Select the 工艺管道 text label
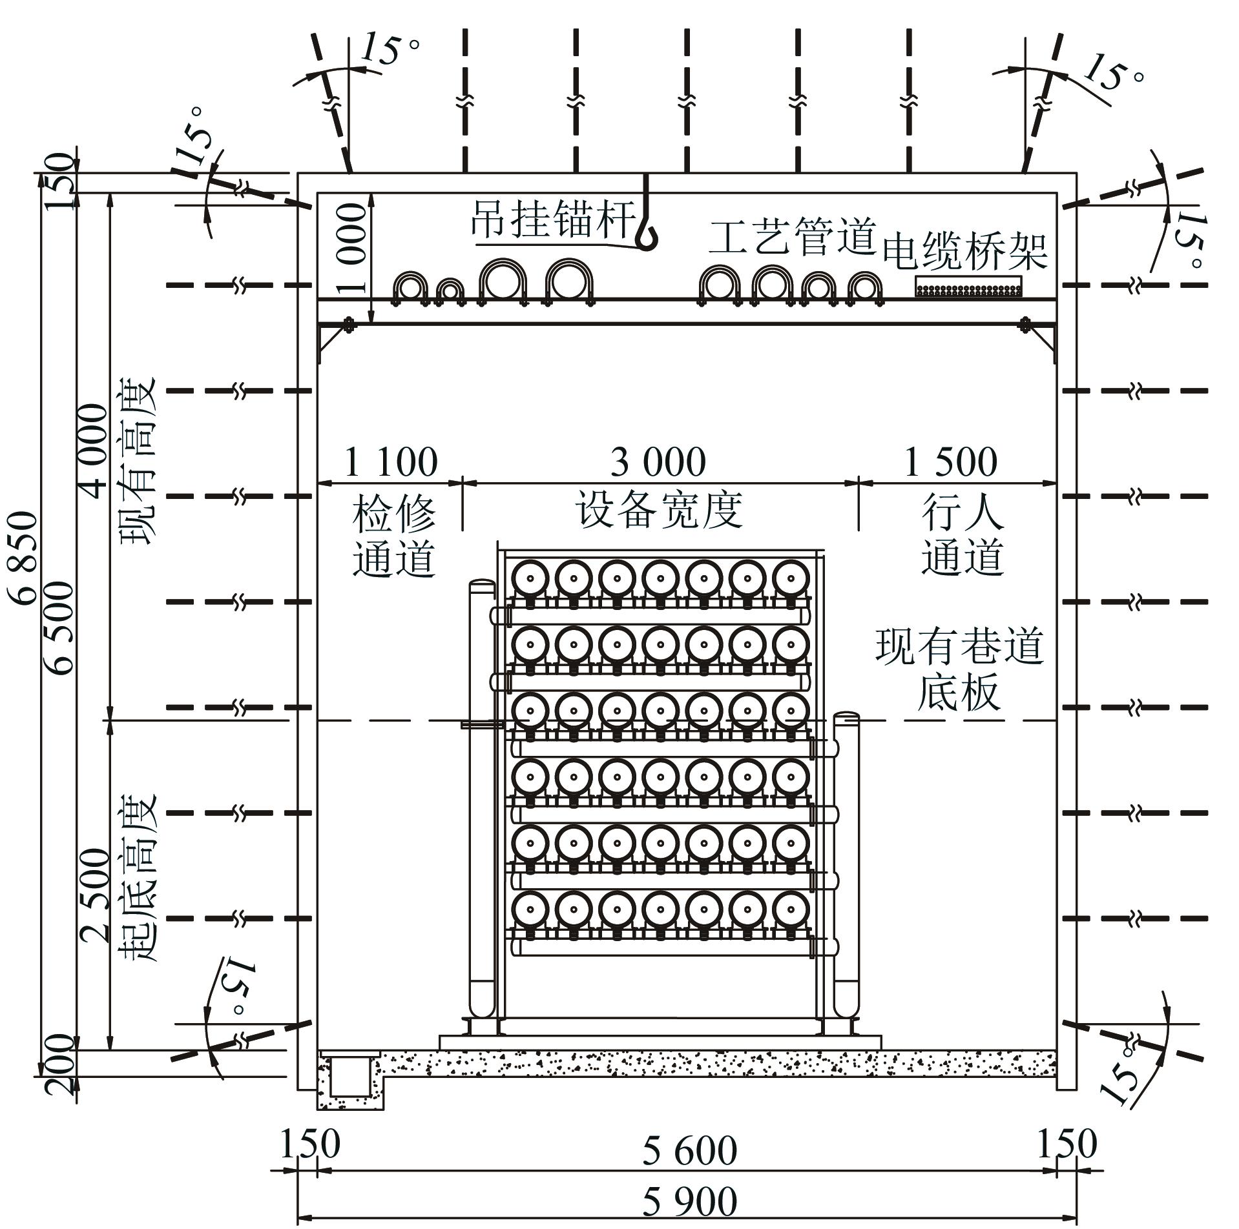click(x=792, y=236)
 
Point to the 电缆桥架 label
click(x=964, y=251)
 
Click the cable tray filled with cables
click(x=968, y=287)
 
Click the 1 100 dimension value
click(x=391, y=462)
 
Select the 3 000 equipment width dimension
click(x=658, y=462)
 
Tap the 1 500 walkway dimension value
click(x=950, y=462)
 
